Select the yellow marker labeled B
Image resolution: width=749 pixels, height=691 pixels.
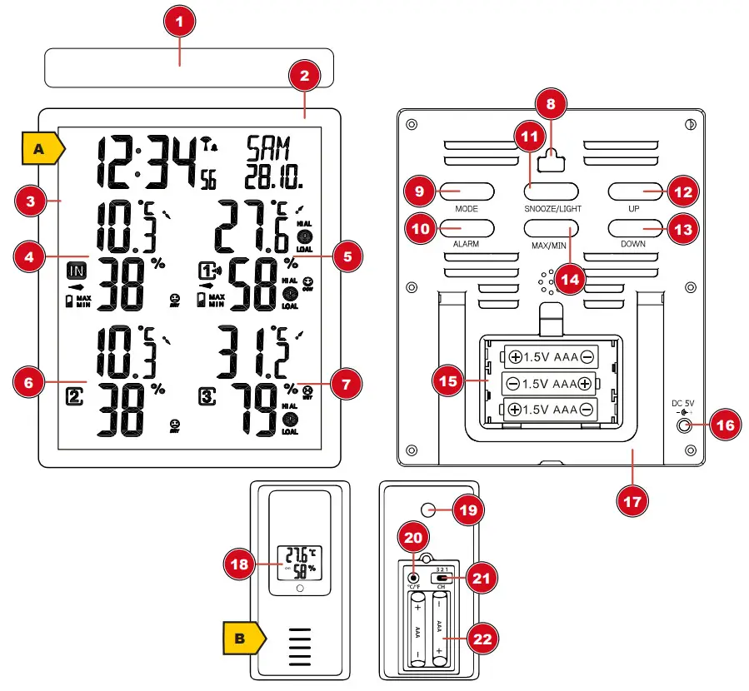click(242, 639)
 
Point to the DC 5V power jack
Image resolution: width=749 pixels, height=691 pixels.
click(685, 425)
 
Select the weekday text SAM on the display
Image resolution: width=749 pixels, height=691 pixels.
click(268, 149)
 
